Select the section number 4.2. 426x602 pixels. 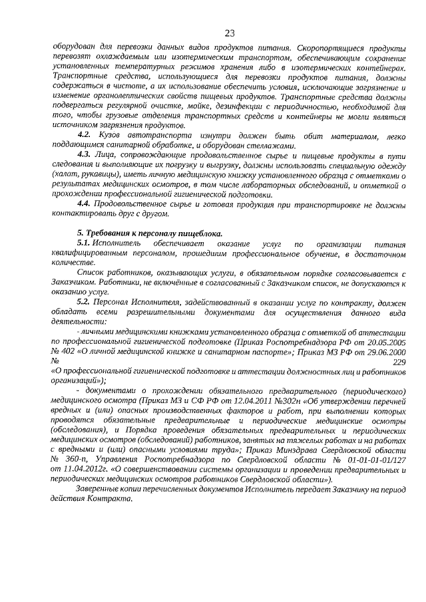(x=85, y=135)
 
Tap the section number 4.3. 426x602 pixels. (x=85, y=155)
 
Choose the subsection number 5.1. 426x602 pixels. (x=85, y=243)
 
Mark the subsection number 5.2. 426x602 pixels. (x=85, y=302)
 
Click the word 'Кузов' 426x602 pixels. (x=109, y=135)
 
